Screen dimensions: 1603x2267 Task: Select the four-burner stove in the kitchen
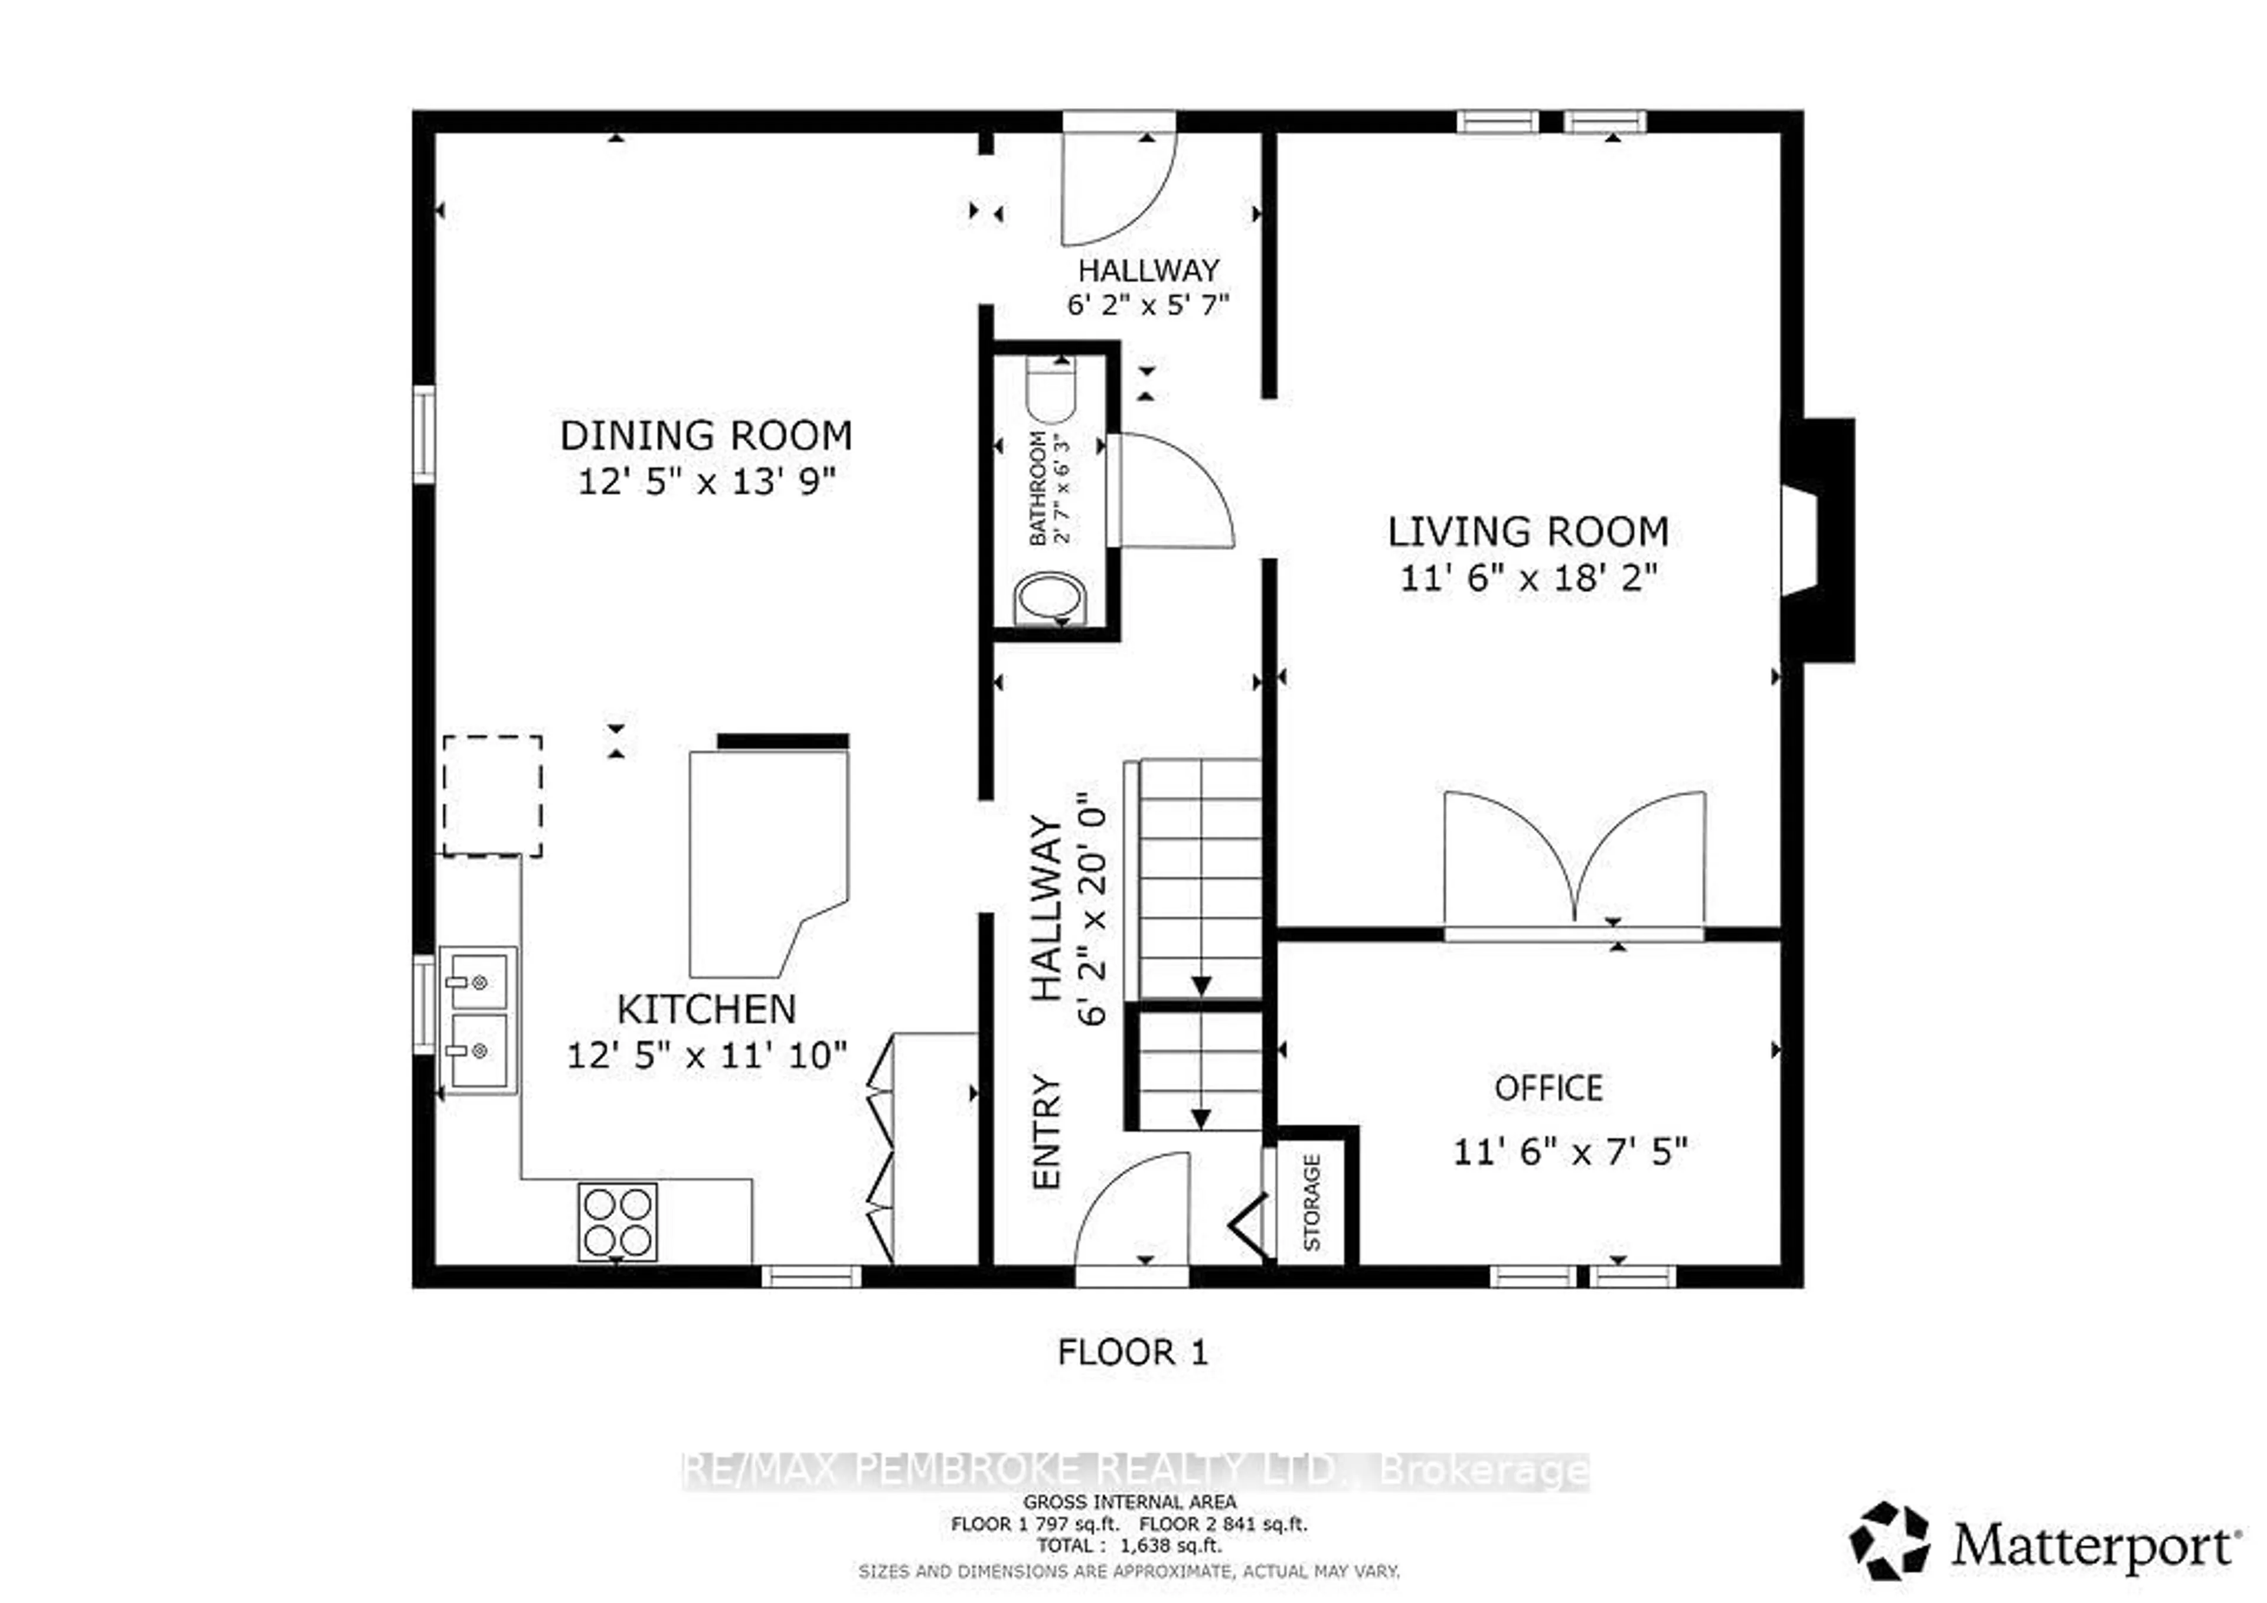[x=617, y=1222]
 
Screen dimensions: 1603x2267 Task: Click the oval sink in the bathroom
[x=1050, y=599]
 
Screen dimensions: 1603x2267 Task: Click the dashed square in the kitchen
[x=492, y=795]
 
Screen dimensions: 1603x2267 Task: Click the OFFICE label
[x=1547, y=1088]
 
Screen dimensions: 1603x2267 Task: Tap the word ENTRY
[x=1046, y=1131]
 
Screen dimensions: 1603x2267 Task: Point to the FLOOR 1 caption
[x=1132, y=1352]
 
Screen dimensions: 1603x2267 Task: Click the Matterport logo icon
[x=1888, y=1541]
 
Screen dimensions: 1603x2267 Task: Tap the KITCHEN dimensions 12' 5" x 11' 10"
[x=706, y=1056]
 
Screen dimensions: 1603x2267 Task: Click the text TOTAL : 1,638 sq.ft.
[x=1129, y=1546]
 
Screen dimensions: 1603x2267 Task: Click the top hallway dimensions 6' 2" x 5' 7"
[x=1147, y=304]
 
